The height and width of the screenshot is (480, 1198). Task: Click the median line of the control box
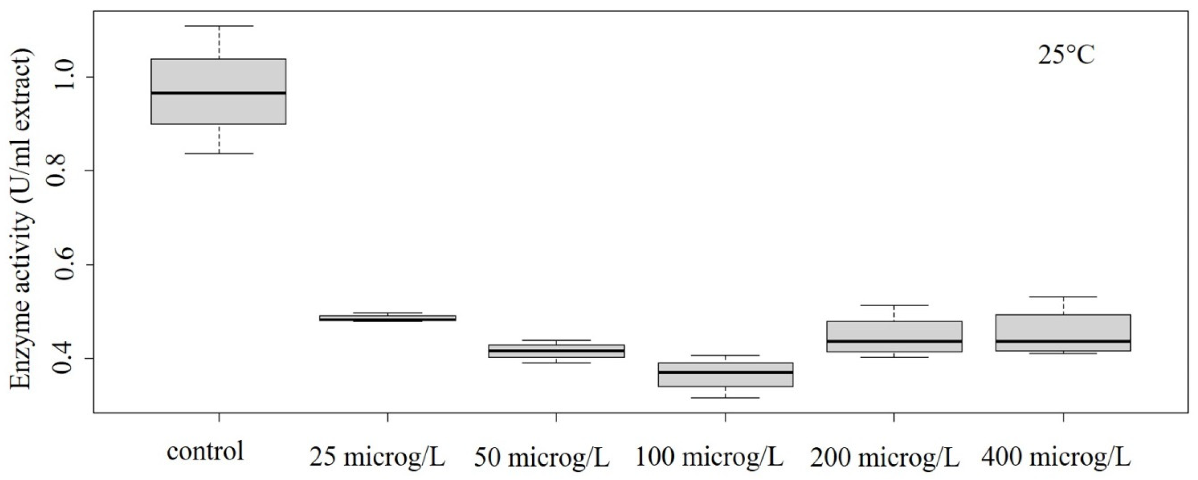click(x=219, y=93)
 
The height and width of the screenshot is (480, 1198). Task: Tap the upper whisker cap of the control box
click(x=219, y=26)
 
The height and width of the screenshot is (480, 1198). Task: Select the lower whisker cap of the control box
click(x=219, y=153)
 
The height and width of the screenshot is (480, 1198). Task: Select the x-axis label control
click(x=205, y=451)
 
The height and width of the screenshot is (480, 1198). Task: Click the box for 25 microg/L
click(x=387, y=318)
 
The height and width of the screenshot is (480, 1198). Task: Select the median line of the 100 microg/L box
click(x=726, y=372)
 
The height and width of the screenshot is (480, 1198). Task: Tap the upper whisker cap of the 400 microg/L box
click(x=1063, y=297)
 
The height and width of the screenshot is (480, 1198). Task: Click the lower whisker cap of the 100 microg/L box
click(x=726, y=398)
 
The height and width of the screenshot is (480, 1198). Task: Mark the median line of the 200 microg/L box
click(x=894, y=341)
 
